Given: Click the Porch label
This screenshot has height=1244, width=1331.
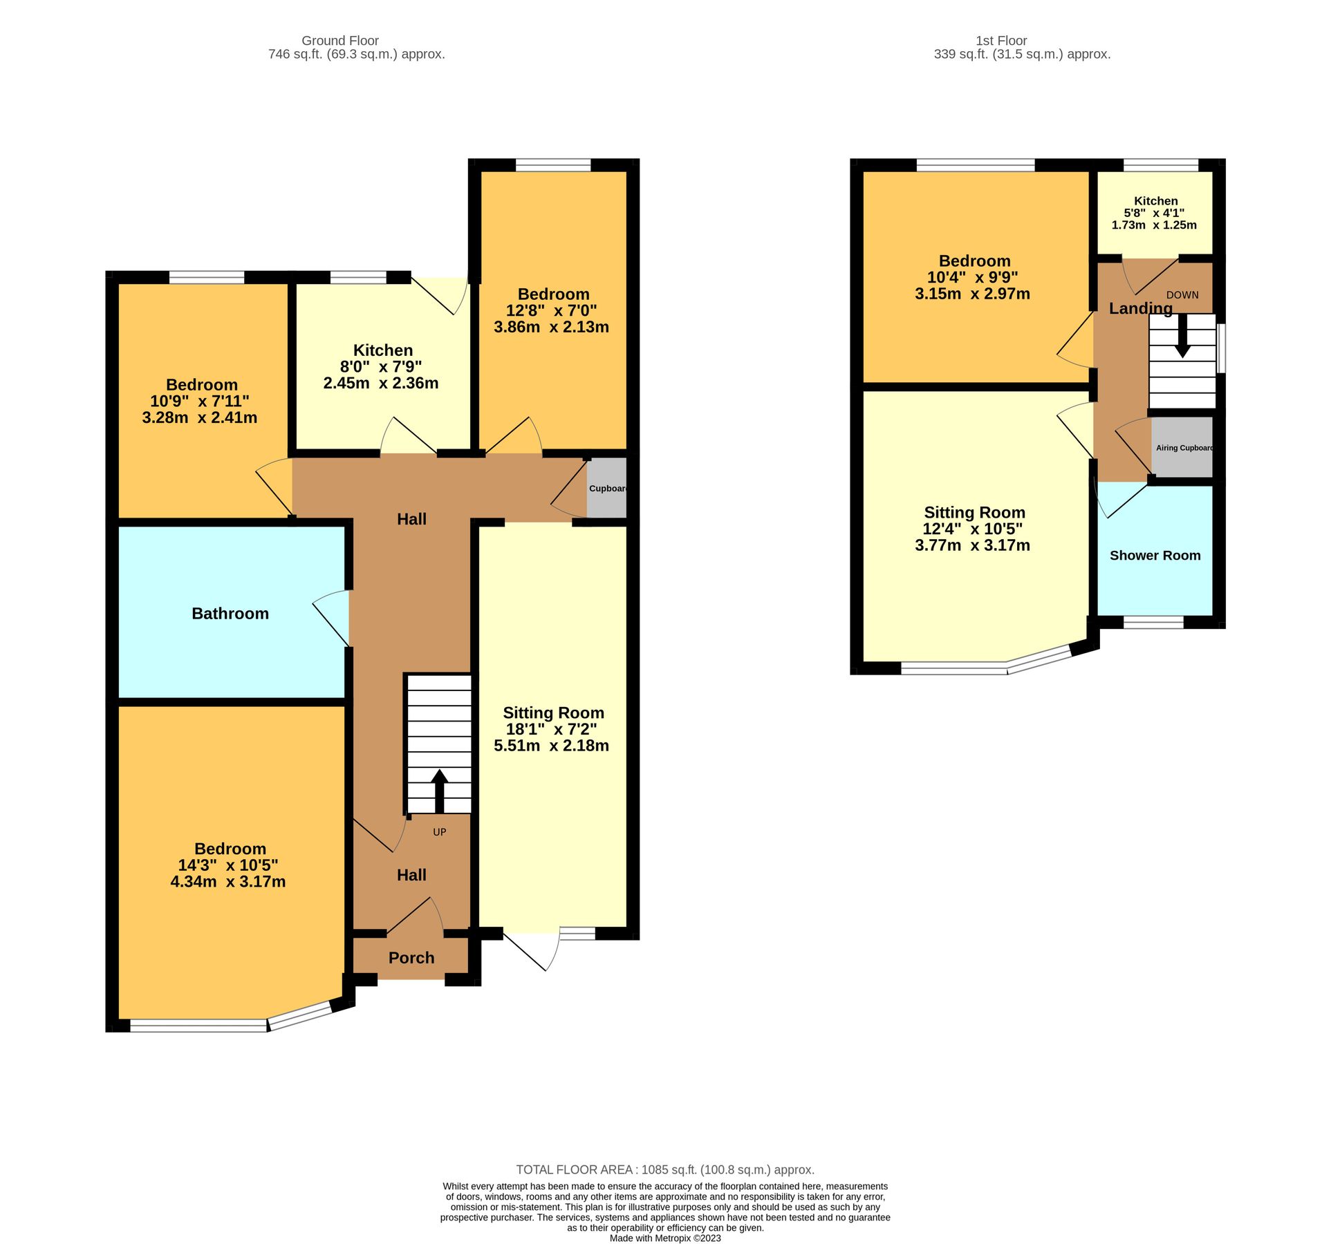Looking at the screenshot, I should [x=411, y=958].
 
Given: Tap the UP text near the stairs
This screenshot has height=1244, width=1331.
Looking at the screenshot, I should [x=440, y=832].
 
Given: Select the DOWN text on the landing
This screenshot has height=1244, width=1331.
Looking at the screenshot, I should [x=1182, y=295].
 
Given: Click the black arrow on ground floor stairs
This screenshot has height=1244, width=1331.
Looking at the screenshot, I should [x=440, y=790].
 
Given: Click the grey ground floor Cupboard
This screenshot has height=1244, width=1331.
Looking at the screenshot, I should [x=607, y=488].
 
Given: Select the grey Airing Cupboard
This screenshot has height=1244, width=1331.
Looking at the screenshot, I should [x=1183, y=448].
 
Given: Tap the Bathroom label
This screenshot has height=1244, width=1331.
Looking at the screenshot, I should [x=230, y=614].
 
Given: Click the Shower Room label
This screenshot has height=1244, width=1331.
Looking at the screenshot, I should [x=1155, y=556].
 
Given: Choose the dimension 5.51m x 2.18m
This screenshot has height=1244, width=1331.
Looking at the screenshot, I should [x=551, y=746].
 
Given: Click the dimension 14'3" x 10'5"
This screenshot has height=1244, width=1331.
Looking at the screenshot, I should [x=228, y=865].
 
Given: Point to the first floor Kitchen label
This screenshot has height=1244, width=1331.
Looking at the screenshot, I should [x=1155, y=201].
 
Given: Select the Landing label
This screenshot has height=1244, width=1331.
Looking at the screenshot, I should [x=1141, y=309].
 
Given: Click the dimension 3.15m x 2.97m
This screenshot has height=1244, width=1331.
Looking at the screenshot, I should [x=972, y=294].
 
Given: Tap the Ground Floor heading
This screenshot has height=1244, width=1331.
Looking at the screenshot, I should [x=340, y=41].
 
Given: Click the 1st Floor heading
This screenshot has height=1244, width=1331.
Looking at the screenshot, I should [x=1001, y=41].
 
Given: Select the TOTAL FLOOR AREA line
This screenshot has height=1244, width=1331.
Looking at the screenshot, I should [x=665, y=1170].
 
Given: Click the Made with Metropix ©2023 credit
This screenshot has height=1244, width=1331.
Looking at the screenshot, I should [x=665, y=1238].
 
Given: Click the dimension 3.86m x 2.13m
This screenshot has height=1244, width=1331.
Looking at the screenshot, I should [x=551, y=328].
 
